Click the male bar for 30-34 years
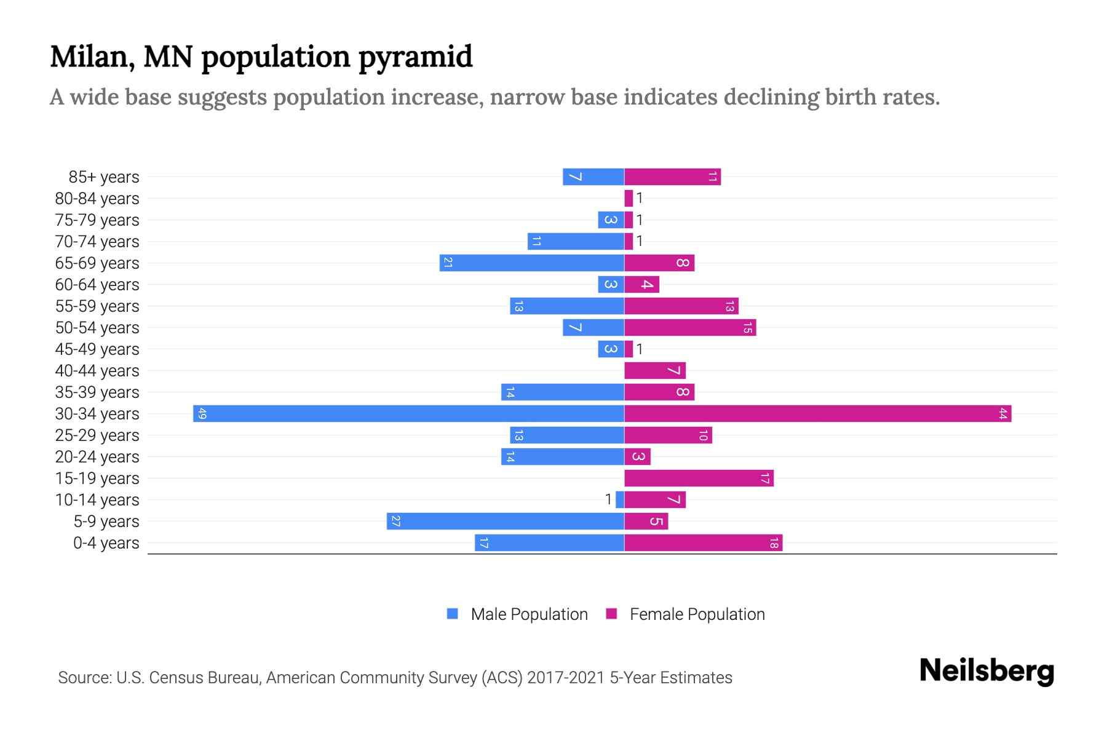408,413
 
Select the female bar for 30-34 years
817,413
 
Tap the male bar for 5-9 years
505,521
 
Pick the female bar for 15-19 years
699,478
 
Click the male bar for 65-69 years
531,263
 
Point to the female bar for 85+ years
672,177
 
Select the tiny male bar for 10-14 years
620,499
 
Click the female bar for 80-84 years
629,198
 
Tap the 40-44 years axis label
97,371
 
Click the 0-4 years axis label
106,543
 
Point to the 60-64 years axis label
97,285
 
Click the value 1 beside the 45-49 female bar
640,349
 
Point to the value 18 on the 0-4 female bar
774,543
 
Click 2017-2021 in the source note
566,678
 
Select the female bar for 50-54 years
689,328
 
